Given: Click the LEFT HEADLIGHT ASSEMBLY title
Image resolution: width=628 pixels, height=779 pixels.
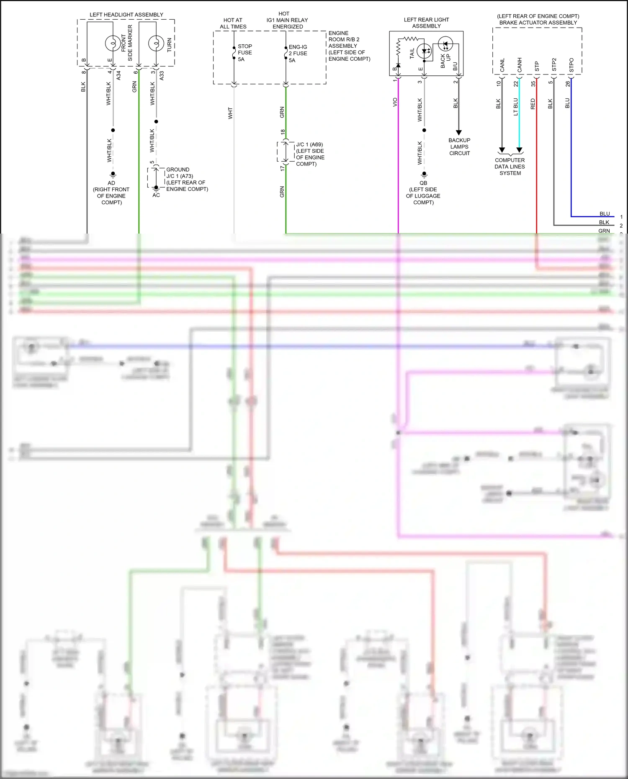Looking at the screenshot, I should pos(126,15).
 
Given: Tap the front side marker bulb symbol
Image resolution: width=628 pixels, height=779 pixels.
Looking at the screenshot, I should pos(113,43).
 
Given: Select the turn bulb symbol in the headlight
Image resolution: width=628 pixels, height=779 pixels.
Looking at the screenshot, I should pos(156,43).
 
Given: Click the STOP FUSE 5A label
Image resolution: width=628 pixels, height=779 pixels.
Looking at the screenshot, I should pos(245,53).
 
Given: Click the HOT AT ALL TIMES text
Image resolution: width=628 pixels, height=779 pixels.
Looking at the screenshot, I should pos(233,23).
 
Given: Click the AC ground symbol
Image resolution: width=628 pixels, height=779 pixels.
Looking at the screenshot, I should pos(156,189).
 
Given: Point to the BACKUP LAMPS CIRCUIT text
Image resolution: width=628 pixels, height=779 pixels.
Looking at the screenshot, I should pos(459,147).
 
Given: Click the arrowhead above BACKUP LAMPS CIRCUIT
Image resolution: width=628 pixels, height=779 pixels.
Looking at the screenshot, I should pos(458,133).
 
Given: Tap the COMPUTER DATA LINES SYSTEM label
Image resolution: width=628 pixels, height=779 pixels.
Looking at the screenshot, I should pos(510,167).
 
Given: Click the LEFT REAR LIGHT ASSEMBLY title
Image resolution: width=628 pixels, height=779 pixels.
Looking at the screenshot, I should pos(426,23).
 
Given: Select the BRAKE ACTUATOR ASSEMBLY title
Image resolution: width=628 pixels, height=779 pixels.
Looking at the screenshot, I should pos(538,23).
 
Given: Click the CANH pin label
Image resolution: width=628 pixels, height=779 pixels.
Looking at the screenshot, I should pos(520,65).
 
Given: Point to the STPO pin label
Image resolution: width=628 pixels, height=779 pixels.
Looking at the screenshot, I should pos(571,65).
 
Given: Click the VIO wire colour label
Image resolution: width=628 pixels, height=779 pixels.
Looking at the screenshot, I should pos(395,102).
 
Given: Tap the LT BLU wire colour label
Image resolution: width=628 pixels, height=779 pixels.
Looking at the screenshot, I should pos(515,107).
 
